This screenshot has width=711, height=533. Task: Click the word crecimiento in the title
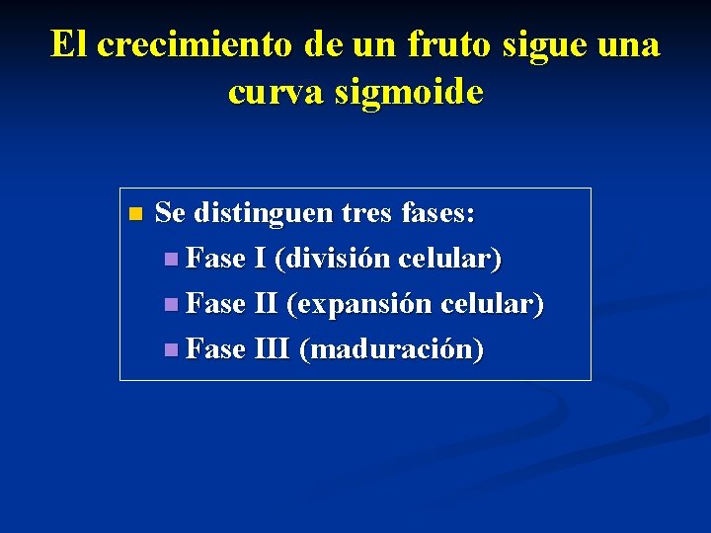(x=194, y=45)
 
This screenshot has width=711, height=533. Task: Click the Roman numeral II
(x=266, y=304)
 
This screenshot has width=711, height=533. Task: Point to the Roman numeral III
(x=272, y=349)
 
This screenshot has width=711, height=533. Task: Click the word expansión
(x=359, y=304)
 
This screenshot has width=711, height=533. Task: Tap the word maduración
(x=391, y=349)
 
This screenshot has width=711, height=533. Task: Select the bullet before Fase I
(x=172, y=261)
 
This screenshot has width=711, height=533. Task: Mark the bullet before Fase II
(x=172, y=305)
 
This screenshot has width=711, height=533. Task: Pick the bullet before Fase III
(x=172, y=350)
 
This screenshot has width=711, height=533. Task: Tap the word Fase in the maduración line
(x=215, y=349)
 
